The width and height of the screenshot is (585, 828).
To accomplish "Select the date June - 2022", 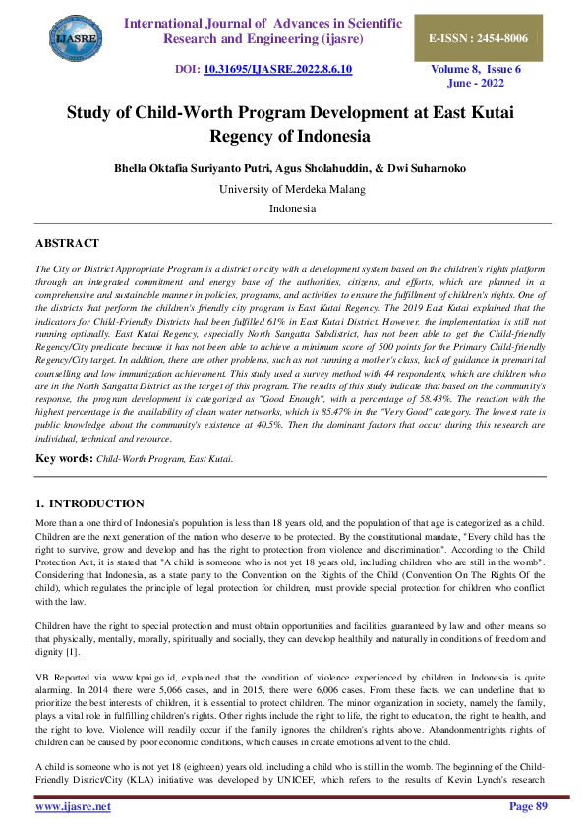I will pyautogui.click(x=477, y=85).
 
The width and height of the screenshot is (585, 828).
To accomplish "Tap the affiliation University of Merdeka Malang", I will pyautogui.click(x=292, y=188).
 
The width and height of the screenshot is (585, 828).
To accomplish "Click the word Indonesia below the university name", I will pyautogui.click(x=292, y=208).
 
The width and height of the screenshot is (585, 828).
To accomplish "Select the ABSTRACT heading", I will pyautogui.click(x=67, y=243).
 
